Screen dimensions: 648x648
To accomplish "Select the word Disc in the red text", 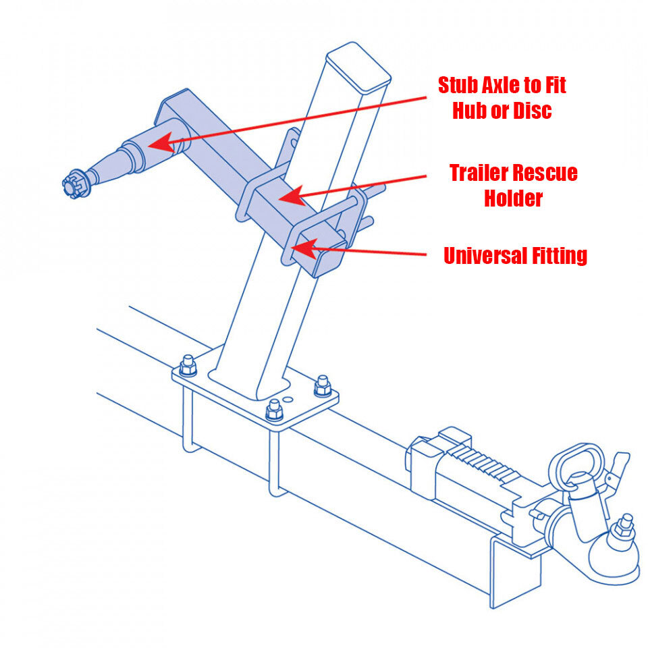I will [x=530, y=110].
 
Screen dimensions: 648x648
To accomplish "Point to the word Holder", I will [x=514, y=198].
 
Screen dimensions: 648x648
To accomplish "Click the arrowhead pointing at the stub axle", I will [x=157, y=144].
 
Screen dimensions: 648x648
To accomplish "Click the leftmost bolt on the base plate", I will [x=188, y=365].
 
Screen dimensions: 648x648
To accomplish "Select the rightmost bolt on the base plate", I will [x=322, y=387].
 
